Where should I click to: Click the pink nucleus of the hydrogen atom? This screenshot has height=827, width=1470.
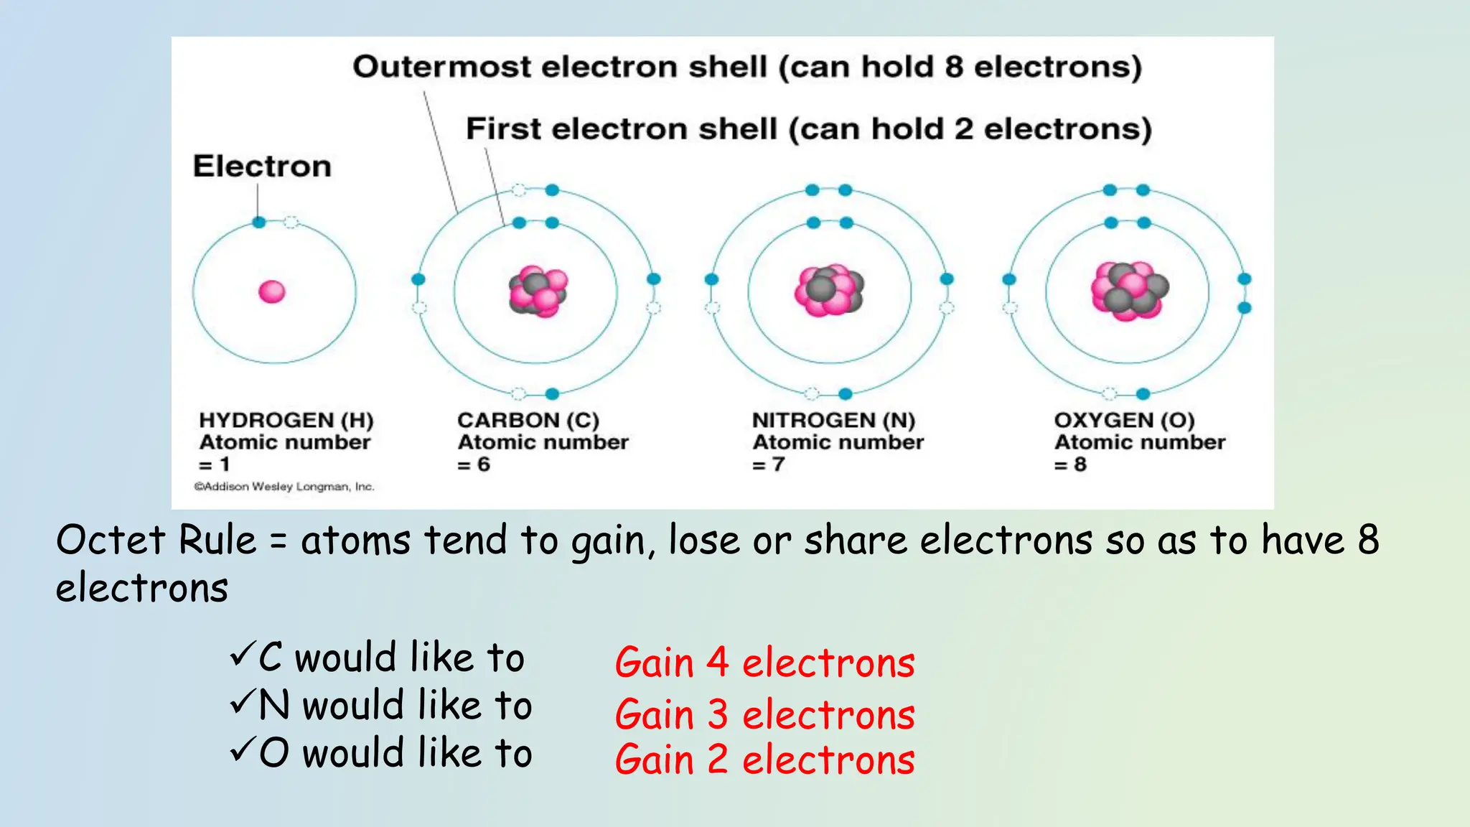point(272,291)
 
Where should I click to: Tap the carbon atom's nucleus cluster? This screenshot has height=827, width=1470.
point(538,291)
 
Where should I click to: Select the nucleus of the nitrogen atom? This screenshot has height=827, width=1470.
point(830,291)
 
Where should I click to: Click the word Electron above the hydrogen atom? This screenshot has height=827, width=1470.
point(262,166)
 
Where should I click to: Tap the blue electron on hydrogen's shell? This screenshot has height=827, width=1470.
point(259,223)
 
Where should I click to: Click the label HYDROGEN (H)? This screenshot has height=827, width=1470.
point(286,420)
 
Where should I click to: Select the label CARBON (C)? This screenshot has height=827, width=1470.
point(528,420)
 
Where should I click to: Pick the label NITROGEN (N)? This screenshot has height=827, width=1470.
point(833,420)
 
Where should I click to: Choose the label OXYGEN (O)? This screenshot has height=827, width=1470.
point(1124,420)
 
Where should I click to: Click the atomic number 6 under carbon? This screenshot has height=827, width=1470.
point(484,464)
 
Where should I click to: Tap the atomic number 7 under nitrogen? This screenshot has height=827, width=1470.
point(778,464)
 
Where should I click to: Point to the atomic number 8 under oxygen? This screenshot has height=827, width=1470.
point(1080,464)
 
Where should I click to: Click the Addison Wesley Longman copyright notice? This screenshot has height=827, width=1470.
point(284,487)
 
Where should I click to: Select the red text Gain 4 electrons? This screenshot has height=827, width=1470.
point(764,662)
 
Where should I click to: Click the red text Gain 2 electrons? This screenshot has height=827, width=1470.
point(764,760)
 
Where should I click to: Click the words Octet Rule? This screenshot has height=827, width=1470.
point(156,540)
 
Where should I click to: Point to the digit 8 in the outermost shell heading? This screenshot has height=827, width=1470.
point(953,67)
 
